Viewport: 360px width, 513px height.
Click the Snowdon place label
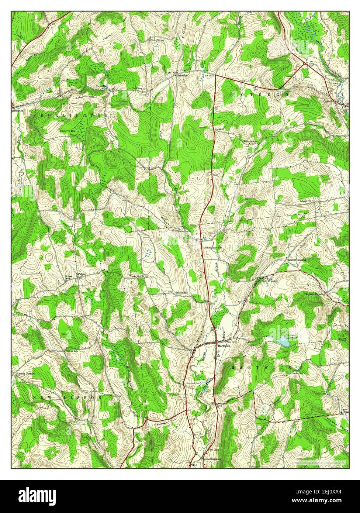click(182, 75)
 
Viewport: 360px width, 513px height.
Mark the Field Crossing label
click(270, 281)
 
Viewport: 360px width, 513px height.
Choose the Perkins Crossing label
click(315, 294)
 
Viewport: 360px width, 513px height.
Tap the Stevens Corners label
click(25, 374)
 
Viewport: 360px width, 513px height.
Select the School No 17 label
click(306, 201)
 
